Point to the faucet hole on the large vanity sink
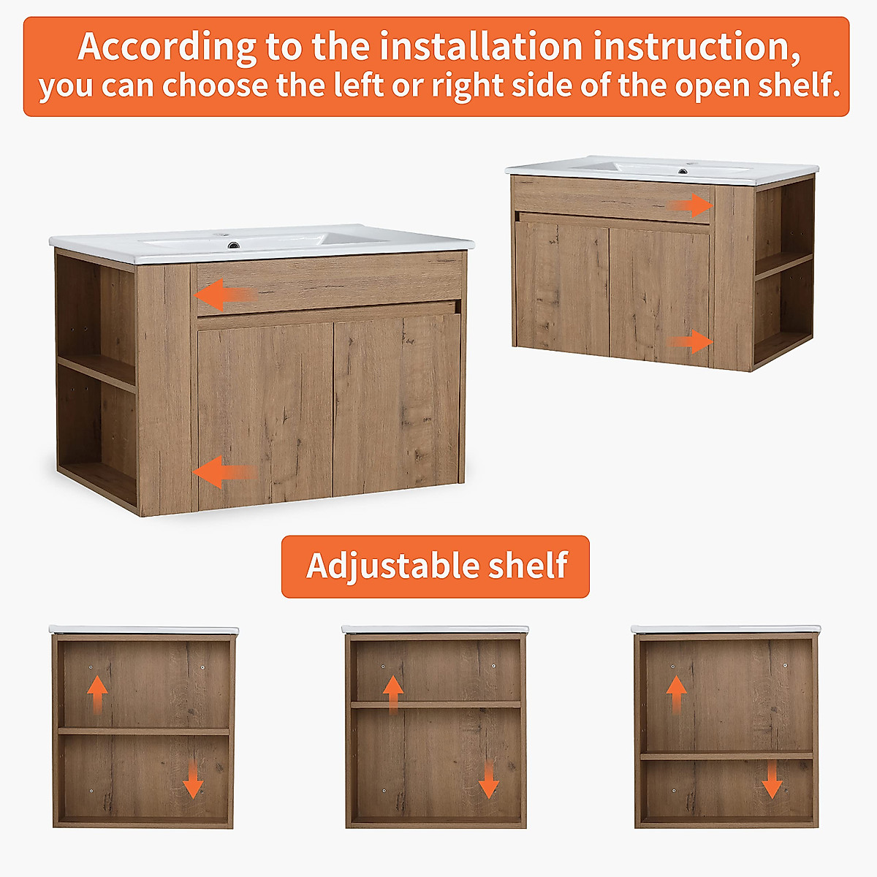232,245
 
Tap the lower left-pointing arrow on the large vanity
224,472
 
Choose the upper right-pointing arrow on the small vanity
691,205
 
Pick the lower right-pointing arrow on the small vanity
691,341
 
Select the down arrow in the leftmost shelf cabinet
192,780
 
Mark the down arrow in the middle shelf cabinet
488,780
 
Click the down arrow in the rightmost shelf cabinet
772,780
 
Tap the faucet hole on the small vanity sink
683,172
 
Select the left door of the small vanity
563,286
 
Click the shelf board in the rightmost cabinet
726,756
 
